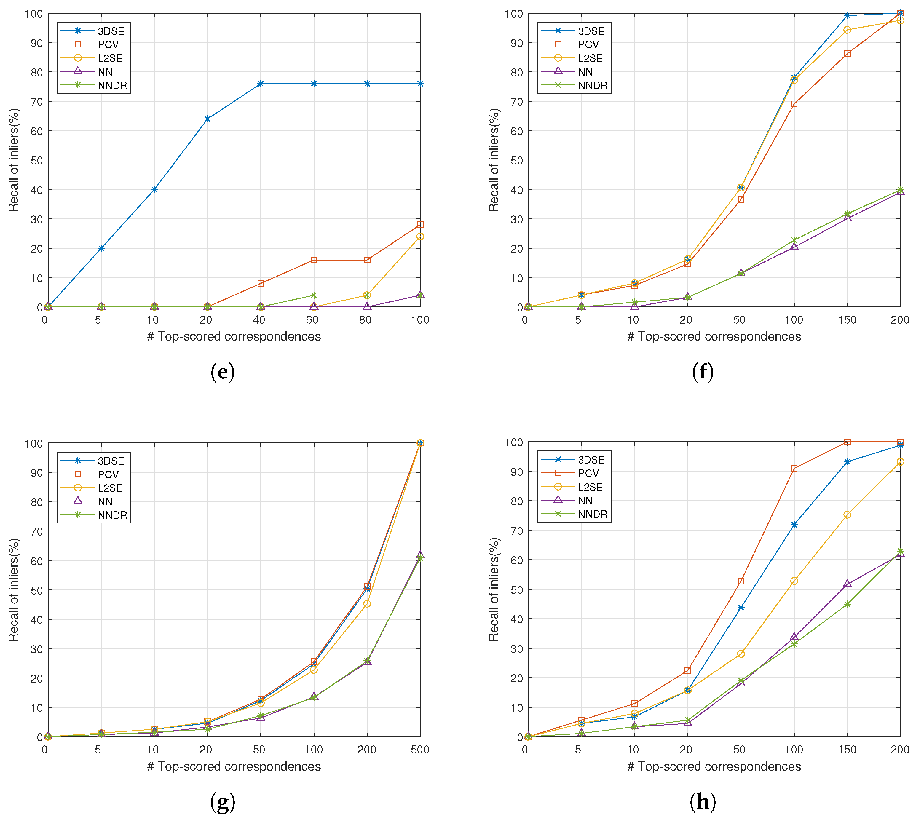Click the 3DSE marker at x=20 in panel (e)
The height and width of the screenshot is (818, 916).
[207, 119]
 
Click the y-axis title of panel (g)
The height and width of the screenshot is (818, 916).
[13, 590]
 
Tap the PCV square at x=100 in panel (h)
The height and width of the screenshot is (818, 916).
[794, 468]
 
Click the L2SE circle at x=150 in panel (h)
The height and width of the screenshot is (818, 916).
[847, 515]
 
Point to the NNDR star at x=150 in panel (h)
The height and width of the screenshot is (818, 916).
[847, 604]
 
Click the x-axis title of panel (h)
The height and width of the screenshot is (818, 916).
[714, 766]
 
